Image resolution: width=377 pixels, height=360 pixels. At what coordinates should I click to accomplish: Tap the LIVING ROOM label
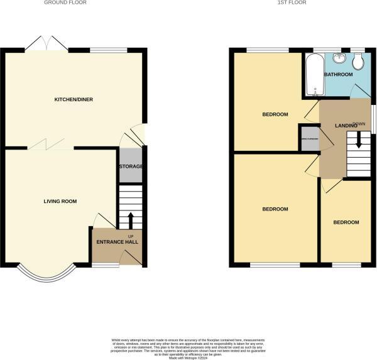60,201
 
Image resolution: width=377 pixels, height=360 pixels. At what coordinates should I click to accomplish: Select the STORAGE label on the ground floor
131,166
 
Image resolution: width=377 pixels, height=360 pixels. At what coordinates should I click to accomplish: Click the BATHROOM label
338,74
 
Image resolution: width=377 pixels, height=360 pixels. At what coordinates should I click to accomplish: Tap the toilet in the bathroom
358,61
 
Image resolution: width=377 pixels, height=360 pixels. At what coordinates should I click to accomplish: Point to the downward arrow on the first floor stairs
359,139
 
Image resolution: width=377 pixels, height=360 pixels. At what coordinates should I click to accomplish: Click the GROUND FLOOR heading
65,3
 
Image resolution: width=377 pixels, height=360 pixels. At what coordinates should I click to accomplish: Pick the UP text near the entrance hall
131,236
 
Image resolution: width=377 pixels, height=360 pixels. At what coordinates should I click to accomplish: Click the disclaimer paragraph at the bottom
188,345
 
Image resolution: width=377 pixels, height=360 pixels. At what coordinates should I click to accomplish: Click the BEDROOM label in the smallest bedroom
346,222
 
